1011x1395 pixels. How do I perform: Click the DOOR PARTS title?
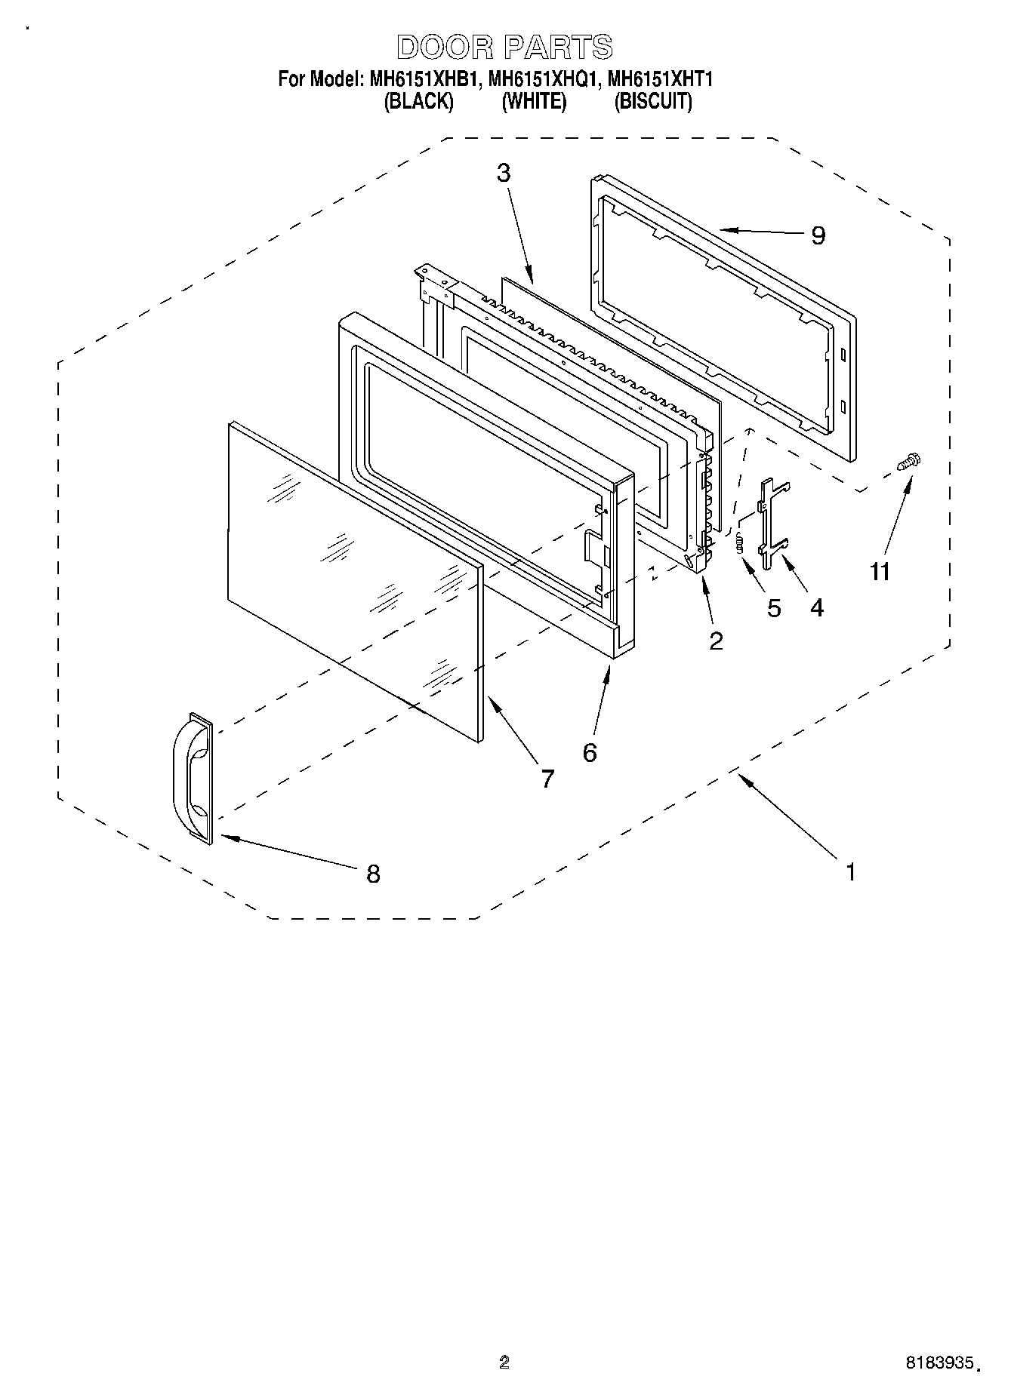click(x=504, y=48)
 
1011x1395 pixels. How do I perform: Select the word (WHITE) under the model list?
click(x=534, y=102)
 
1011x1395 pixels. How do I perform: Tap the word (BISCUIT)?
click(x=652, y=102)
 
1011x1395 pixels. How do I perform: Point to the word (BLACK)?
click(x=419, y=102)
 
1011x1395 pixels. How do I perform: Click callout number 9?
click(x=818, y=235)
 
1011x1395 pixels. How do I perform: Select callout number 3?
click(x=504, y=173)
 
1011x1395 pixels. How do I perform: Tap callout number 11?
click(x=880, y=571)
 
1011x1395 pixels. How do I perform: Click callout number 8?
click(x=373, y=874)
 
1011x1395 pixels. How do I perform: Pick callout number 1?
click(x=851, y=872)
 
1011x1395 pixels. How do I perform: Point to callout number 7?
click(x=547, y=778)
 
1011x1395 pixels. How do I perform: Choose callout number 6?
click(x=590, y=752)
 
